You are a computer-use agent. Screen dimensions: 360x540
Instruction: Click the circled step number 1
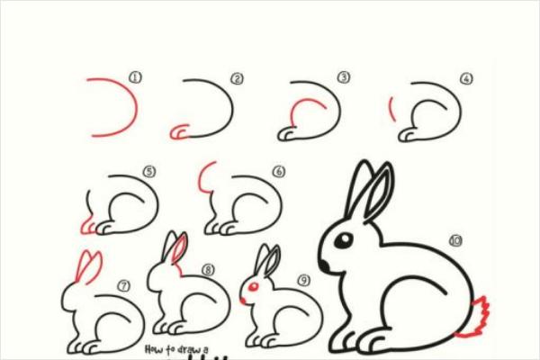click(136, 78)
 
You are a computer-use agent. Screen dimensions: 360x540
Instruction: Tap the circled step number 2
click(238, 78)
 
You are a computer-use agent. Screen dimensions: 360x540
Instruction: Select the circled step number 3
click(343, 78)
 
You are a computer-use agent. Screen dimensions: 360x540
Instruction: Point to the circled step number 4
click(465, 78)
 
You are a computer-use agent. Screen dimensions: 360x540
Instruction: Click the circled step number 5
click(149, 171)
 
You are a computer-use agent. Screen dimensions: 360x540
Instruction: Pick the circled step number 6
click(278, 171)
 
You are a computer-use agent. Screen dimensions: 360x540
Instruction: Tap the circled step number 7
click(123, 285)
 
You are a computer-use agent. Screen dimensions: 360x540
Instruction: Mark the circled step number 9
click(303, 280)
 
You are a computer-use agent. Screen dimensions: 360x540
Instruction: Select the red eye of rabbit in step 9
click(254, 286)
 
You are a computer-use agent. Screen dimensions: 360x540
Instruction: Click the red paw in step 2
click(177, 133)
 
